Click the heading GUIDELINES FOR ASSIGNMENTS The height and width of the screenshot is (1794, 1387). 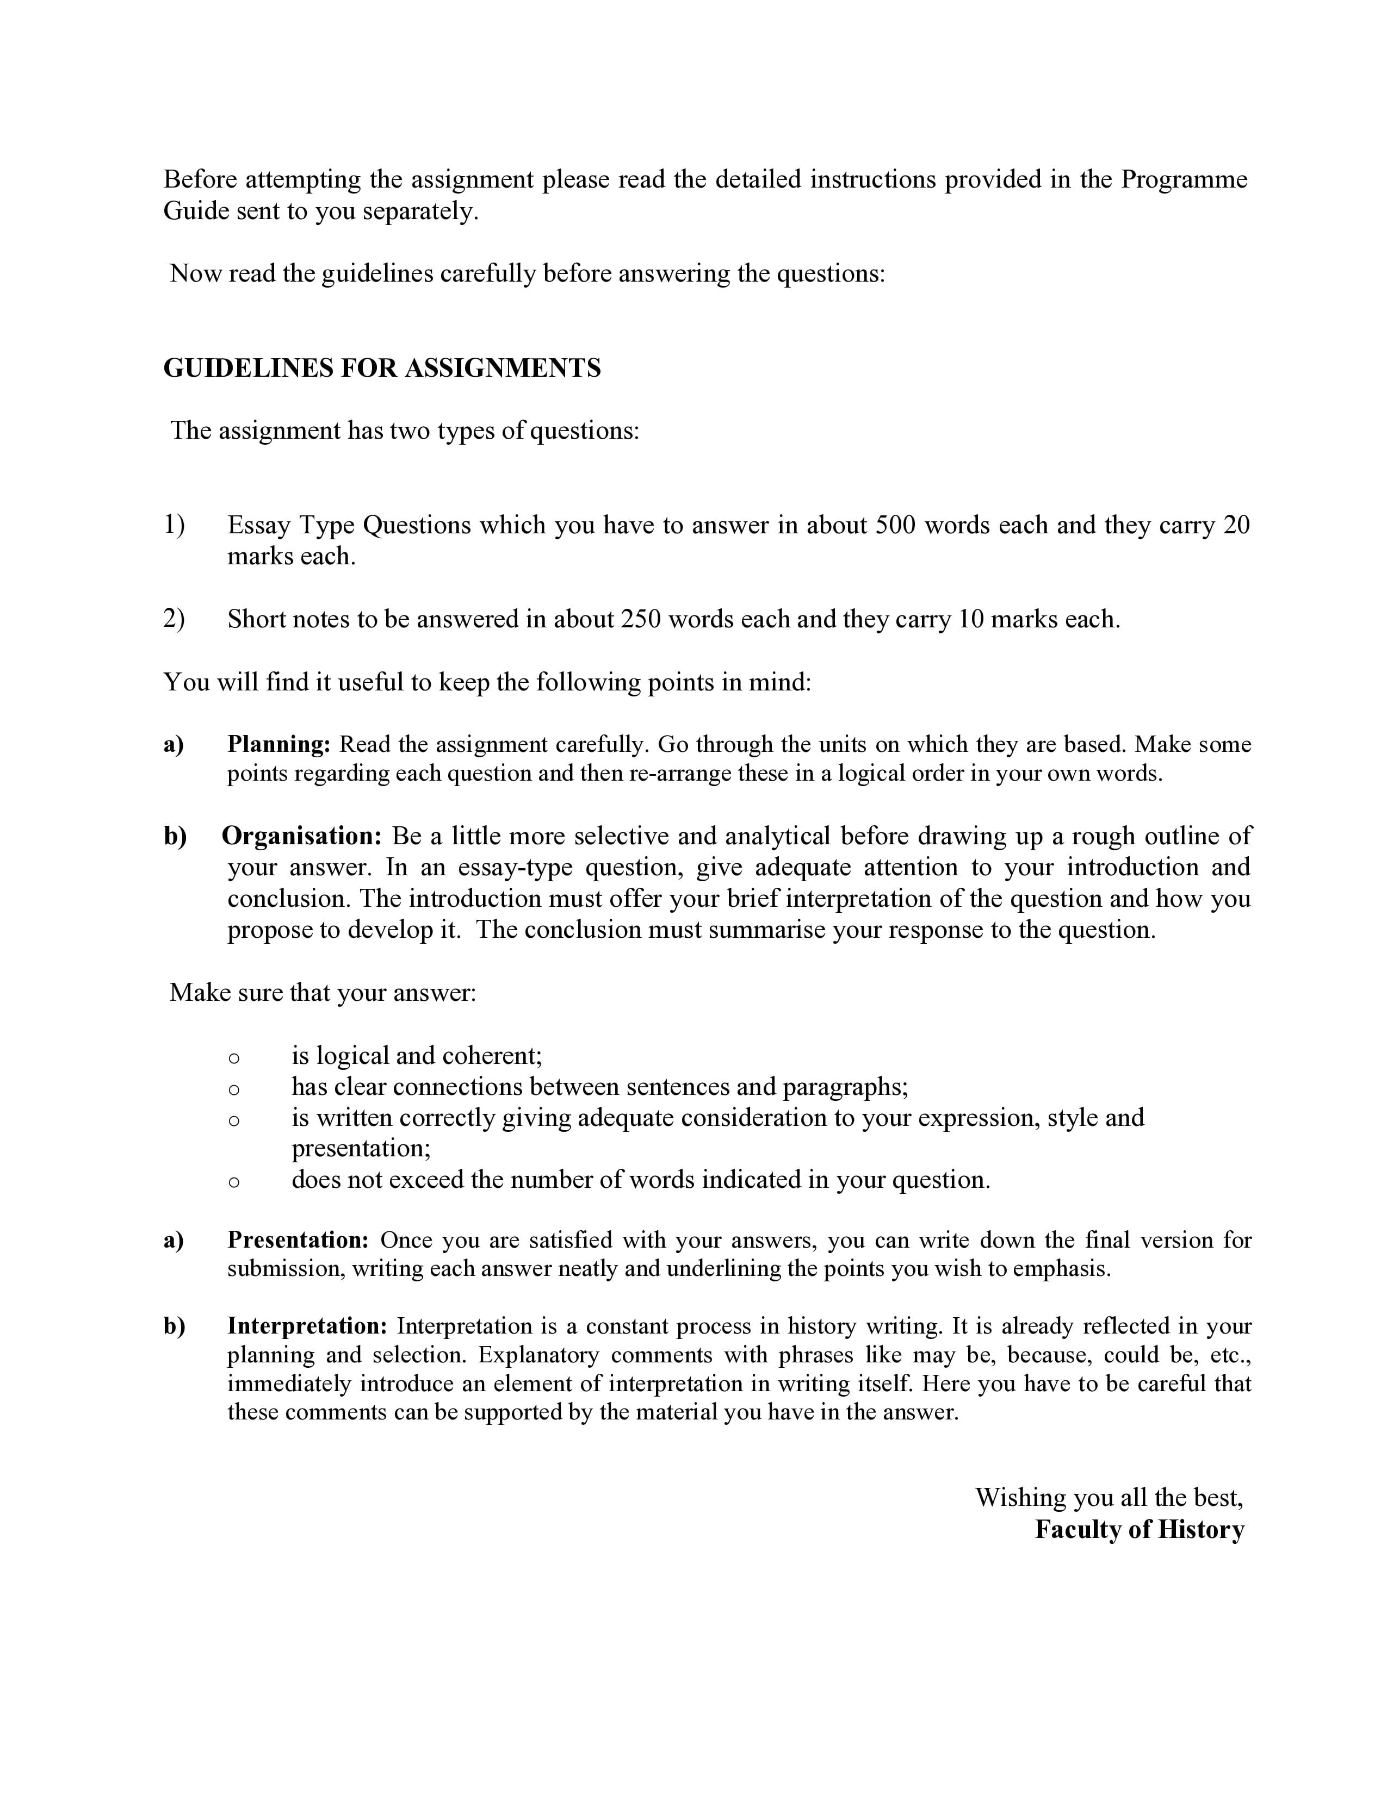pos(382,368)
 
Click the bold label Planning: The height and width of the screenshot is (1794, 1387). pos(278,744)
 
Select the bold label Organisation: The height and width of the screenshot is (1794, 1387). pos(301,836)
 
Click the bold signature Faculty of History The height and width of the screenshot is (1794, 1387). pos(1139,1529)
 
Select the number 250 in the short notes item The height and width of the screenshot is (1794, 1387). pos(640,619)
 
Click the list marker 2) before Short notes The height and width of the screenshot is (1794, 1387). pos(174,619)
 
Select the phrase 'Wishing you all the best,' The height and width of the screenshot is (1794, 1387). pos(1109,1498)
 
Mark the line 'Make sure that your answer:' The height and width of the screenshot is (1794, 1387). pos(323,993)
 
